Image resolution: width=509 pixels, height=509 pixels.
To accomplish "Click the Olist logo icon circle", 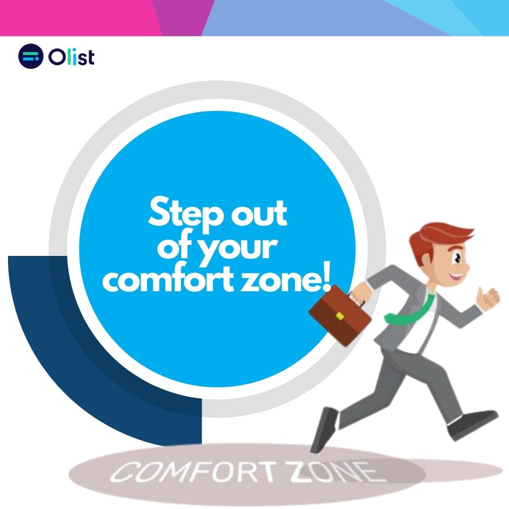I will point(31,57).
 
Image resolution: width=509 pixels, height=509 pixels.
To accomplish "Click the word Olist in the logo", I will point(71,57).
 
